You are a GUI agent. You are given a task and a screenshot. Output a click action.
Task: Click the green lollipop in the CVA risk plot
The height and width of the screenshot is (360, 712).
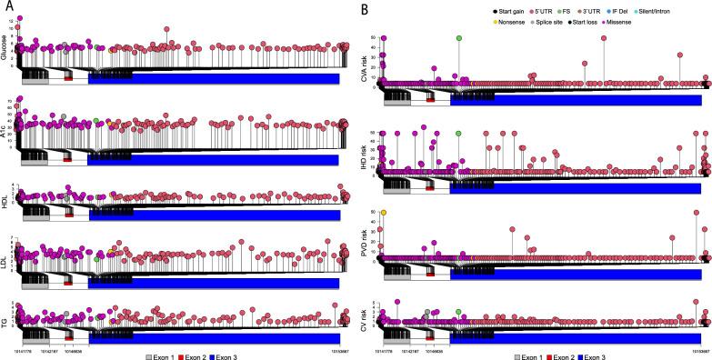tap(459, 38)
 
